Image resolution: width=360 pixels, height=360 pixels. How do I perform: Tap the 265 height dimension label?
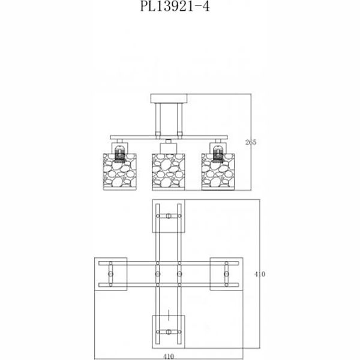point(251,142)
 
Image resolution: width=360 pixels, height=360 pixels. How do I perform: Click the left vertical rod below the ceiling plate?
point(158,118)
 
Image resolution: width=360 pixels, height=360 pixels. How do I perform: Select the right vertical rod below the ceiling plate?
point(179,118)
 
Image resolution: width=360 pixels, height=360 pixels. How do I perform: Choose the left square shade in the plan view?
point(112,274)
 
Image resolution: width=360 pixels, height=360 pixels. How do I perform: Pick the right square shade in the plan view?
point(225,274)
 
